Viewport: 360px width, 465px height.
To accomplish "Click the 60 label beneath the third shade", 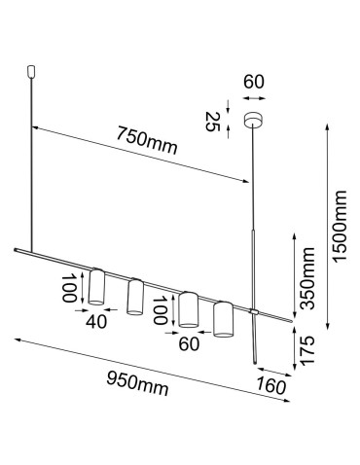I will [x=189, y=341].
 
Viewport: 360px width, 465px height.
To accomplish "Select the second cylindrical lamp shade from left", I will [x=134, y=296].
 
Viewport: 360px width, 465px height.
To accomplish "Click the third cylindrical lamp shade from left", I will [x=189, y=309].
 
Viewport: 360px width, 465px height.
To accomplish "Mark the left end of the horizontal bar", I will [x=16, y=252].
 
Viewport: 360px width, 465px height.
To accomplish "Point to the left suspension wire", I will [x=35, y=165].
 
